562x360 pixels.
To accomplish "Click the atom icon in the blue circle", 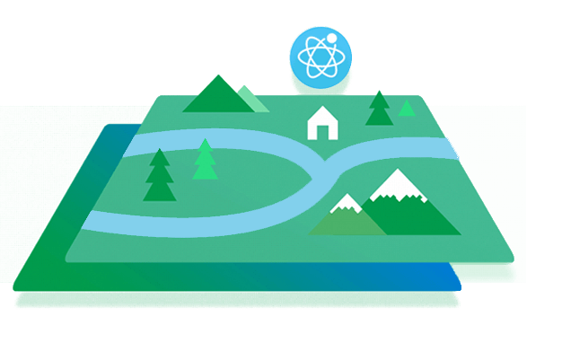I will click(321, 57).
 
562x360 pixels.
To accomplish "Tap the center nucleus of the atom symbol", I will click(321, 58).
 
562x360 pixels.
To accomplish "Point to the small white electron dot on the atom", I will click(332, 39).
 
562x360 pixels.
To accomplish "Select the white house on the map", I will click(323, 123).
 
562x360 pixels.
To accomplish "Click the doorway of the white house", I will click(324, 132).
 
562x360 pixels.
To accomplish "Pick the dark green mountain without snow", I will click(217, 97).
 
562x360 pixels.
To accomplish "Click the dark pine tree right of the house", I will click(379, 109).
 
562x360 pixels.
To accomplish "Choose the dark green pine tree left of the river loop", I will click(160, 177).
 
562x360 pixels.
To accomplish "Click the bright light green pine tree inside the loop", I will click(206, 161).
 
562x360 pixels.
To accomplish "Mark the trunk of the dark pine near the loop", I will click(160, 197).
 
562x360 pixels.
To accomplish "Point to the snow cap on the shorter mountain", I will click(346, 205).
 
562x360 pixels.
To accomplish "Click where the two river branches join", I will click(329, 162).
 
